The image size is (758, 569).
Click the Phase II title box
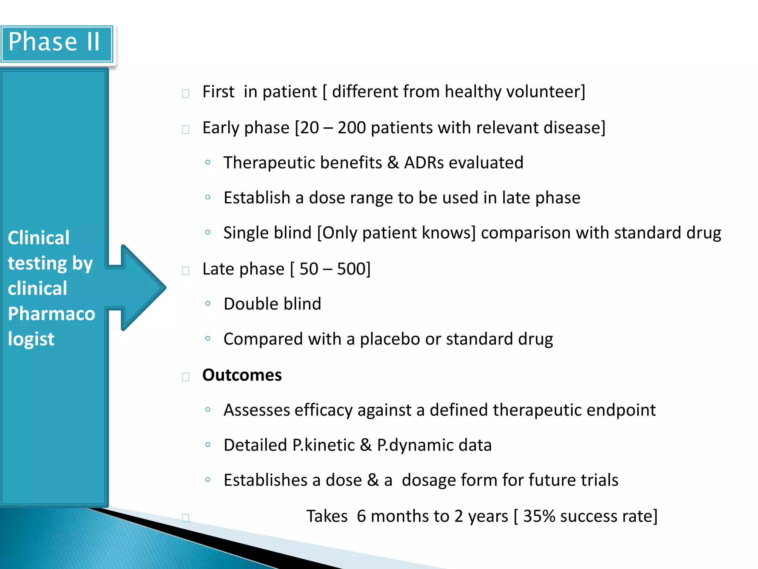pyautogui.click(x=56, y=43)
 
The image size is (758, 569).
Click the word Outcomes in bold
pyautogui.click(x=242, y=375)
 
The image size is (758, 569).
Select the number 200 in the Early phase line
pyautogui.click(x=352, y=128)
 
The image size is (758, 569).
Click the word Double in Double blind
pyautogui.click(x=249, y=304)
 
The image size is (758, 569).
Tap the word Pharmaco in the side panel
pyautogui.click(x=51, y=314)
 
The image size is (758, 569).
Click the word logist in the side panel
pyautogui.click(x=31, y=339)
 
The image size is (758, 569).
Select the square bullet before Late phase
pyautogui.click(x=186, y=270)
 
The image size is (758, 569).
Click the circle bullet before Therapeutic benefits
pyautogui.click(x=208, y=162)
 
